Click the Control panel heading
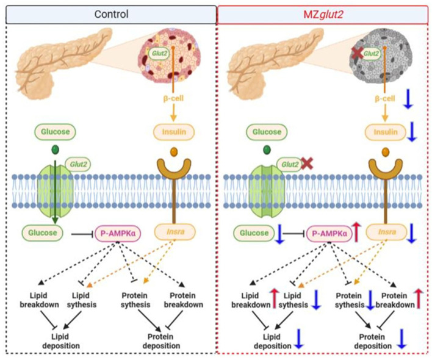(x=111, y=14)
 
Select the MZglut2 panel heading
(x=323, y=14)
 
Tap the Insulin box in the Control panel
(x=174, y=132)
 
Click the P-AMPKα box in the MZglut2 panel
(x=329, y=234)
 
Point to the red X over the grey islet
(x=358, y=53)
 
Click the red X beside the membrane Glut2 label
(x=307, y=164)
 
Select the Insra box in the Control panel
(x=175, y=232)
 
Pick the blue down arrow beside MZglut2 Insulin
(x=411, y=132)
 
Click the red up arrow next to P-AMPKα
(x=356, y=232)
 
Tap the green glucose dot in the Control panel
(x=55, y=150)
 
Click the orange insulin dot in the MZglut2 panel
(x=386, y=152)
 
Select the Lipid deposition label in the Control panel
(x=61, y=341)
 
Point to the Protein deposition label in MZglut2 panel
(x=372, y=341)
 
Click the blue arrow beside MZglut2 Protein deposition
(x=402, y=339)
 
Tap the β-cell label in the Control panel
(x=173, y=98)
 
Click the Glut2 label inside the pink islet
(x=159, y=53)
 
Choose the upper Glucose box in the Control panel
(x=55, y=132)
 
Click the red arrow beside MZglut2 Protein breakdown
(x=419, y=298)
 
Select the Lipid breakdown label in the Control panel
(x=39, y=300)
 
